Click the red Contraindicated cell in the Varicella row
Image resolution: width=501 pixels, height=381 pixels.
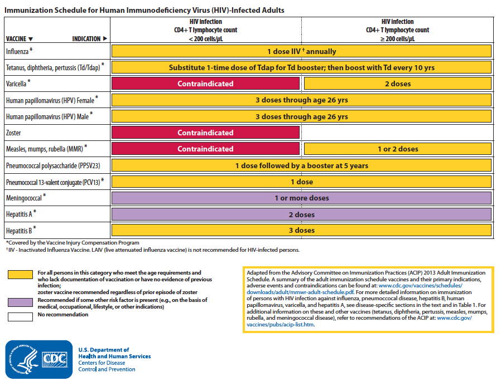pyautogui.click(x=205, y=84)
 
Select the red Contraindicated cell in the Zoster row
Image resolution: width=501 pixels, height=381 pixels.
pyautogui.click(x=205, y=133)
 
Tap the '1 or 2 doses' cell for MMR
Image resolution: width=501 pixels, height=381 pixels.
pyautogui.click(x=397, y=149)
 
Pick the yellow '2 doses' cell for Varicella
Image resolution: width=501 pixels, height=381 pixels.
pyautogui.click(x=397, y=84)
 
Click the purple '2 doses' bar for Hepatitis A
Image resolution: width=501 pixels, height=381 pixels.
pyautogui.click(x=301, y=214)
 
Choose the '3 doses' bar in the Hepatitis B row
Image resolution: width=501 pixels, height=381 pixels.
pyautogui.click(x=301, y=230)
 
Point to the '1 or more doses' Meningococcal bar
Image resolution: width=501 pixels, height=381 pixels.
pyautogui.click(x=301, y=198)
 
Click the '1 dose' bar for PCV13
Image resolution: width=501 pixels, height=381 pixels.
pyautogui.click(x=301, y=182)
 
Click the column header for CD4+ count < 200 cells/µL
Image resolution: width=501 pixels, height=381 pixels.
pyautogui.click(x=205, y=30)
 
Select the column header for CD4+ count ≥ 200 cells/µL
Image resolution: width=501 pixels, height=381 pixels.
pyautogui.click(x=397, y=30)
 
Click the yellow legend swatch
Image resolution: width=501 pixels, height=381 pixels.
pyautogui.click(x=20, y=274)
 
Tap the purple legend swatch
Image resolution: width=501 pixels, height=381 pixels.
pyautogui.click(x=20, y=301)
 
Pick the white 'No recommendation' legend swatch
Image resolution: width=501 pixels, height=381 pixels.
pyautogui.click(x=20, y=316)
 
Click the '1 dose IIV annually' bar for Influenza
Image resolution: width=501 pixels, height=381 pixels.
pyautogui.click(x=301, y=51)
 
